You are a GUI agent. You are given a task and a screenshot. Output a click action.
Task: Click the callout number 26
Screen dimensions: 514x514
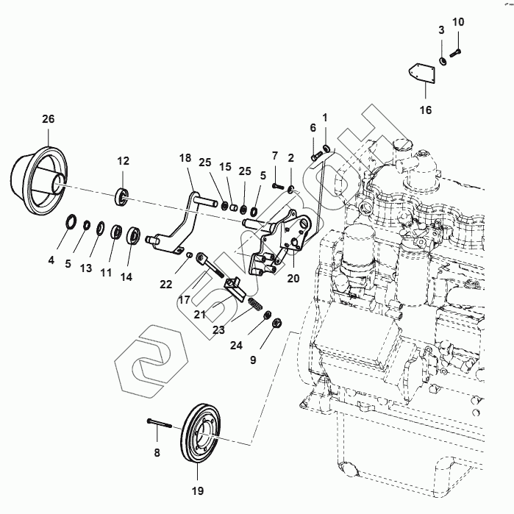tap(49, 118)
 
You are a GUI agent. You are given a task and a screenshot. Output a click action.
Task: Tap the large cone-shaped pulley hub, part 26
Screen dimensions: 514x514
tap(39, 180)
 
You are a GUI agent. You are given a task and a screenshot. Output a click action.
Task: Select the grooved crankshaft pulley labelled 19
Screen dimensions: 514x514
tap(201, 434)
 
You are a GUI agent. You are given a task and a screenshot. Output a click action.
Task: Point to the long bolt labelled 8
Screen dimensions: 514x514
tap(160, 424)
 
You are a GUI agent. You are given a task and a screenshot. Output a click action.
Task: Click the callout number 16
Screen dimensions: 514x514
tap(426, 110)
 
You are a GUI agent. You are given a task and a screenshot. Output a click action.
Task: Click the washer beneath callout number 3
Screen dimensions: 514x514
tap(443, 61)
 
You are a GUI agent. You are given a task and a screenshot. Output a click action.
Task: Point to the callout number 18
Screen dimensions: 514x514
tap(185, 157)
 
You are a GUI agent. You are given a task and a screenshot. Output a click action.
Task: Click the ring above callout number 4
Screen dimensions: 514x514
tap(71, 221)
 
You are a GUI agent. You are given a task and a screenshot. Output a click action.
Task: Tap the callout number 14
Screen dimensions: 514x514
tap(126, 277)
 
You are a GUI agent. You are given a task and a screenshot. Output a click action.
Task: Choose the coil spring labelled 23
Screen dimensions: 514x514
tap(255, 303)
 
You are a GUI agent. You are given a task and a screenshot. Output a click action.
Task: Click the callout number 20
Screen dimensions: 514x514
tap(293, 278)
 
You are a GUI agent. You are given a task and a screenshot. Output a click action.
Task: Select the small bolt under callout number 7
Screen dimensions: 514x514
tap(277, 186)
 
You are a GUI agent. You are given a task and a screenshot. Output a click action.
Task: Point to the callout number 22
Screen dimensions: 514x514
tap(166, 285)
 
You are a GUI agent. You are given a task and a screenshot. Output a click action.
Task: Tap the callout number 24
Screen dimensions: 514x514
tap(236, 345)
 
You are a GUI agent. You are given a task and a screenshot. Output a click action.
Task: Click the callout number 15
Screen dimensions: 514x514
tap(225, 167)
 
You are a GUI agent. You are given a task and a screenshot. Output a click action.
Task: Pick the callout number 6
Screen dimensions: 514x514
tap(313, 128)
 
